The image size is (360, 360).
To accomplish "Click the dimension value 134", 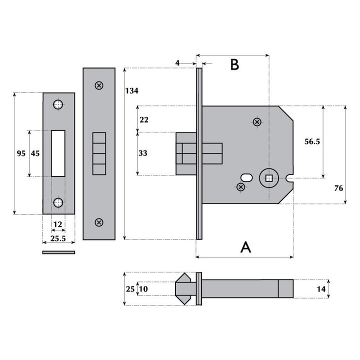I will (x=132, y=91).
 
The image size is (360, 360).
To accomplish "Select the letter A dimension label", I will (x=245, y=246).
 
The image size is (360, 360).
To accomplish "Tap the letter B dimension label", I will (x=234, y=65).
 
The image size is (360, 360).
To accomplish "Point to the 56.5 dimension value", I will (x=312, y=142).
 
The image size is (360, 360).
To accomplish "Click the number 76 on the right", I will (x=338, y=188).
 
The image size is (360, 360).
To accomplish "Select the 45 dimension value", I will (x=35, y=154).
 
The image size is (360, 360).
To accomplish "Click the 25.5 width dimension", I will (x=58, y=239).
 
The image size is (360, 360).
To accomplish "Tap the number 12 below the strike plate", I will (x=58, y=224).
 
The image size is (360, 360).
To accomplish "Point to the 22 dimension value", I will (x=143, y=119).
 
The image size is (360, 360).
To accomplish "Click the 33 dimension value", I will (x=143, y=153).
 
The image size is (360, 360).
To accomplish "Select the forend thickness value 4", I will (x=177, y=63).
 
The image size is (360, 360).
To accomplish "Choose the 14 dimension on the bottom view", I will (x=321, y=289).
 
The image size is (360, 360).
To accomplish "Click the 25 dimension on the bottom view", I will (x=130, y=289).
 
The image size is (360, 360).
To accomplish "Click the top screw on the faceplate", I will (x=99, y=85).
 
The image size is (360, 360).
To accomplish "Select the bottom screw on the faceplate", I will (x=99, y=222).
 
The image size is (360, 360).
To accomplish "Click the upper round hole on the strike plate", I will (x=58, y=105).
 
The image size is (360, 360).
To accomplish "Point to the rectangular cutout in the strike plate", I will (x=58, y=153).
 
